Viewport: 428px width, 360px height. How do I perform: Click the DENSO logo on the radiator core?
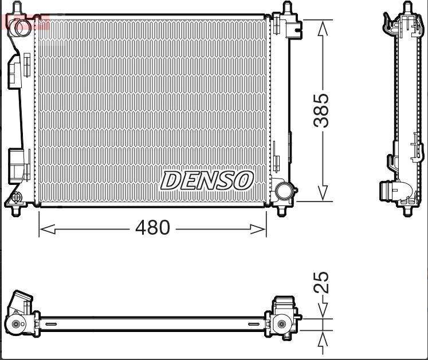tap(207, 180)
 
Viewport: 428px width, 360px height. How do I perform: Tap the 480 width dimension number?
tap(152, 228)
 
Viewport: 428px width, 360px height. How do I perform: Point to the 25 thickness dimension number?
tap(324, 282)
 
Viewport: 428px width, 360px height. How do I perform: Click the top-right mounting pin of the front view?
tap(287, 8)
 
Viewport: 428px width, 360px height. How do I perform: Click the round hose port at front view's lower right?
tap(282, 191)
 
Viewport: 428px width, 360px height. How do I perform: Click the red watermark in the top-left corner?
tap(26, 22)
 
